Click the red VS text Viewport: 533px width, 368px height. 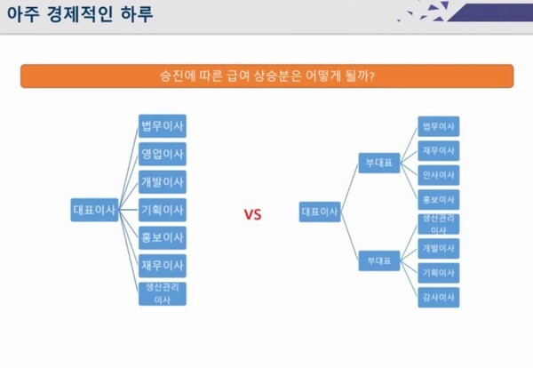[252, 214]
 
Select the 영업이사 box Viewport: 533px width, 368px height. [163, 154]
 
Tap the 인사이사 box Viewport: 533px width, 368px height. [439, 175]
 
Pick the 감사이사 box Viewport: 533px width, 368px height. [439, 297]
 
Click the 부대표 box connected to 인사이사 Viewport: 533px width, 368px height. [379, 163]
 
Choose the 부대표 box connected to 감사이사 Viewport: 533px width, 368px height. [379, 260]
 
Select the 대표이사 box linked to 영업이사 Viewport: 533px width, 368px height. [94, 210]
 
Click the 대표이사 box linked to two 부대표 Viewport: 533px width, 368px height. [320, 212]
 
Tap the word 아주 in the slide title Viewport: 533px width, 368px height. [23, 14]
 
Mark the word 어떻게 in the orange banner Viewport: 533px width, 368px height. [323, 76]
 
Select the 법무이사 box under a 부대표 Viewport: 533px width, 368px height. [439, 126]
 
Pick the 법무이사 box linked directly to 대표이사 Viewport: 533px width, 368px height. [163, 126]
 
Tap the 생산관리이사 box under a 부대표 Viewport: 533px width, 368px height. [439, 224]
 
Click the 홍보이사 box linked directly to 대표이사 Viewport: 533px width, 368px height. [163, 237]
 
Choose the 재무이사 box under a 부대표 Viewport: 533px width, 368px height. [439, 151]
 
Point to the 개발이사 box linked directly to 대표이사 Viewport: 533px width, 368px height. [163, 182]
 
